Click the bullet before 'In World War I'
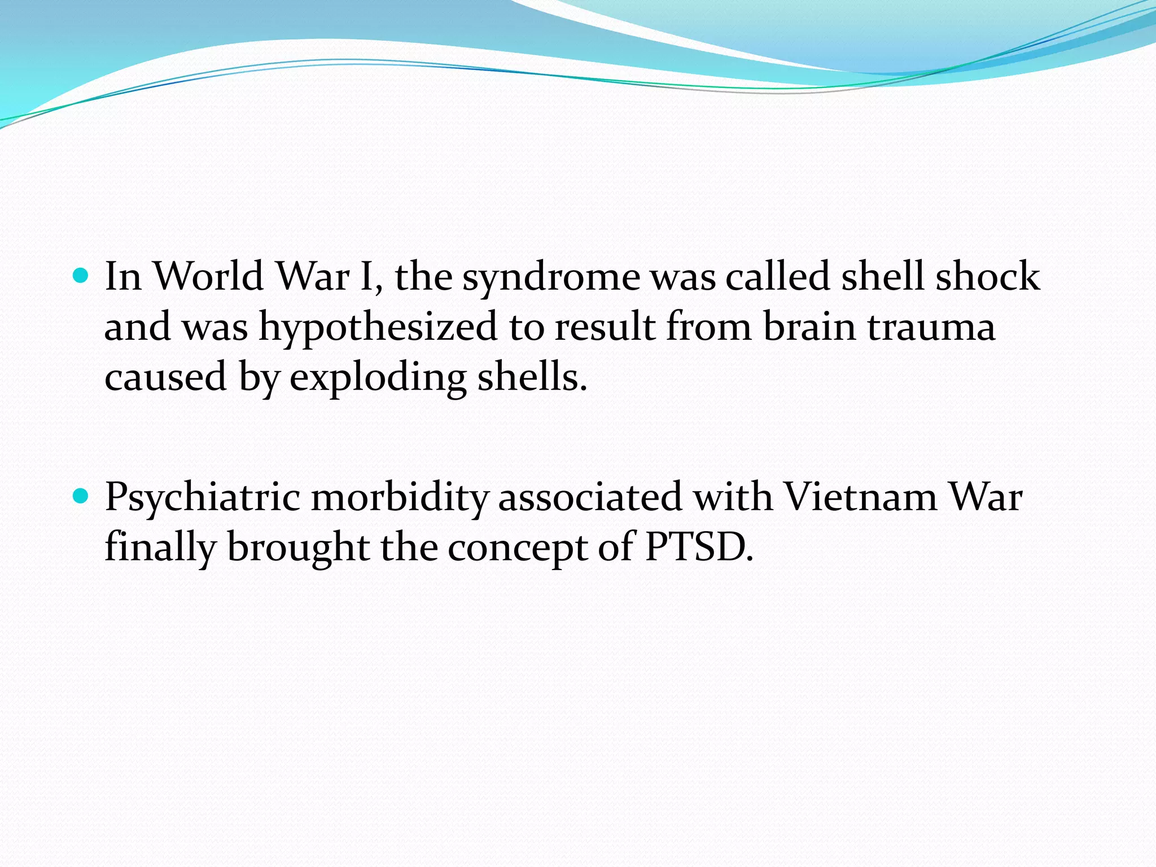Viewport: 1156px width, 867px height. coord(82,276)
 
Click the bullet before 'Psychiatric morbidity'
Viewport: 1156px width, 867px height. coord(82,496)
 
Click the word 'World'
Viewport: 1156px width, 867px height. coord(208,276)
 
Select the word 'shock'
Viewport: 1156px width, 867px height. coord(987,276)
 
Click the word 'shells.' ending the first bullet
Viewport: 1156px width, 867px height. coord(532,376)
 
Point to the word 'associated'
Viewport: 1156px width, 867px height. coord(590,497)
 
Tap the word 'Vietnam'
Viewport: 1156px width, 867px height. coord(861,497)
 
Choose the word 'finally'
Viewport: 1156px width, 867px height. coord(160,548)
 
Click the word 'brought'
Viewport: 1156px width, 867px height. coord(299,548)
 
